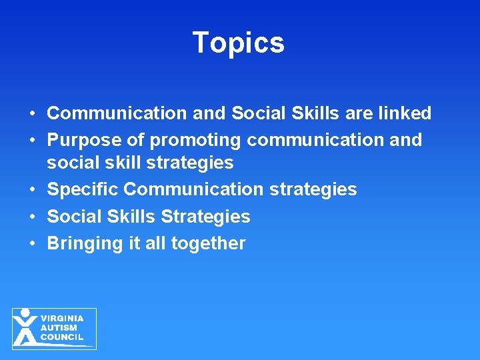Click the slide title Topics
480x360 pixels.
pos(239,43)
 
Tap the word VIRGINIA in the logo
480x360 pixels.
pos(62,319)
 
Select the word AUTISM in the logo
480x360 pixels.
pos(59,328)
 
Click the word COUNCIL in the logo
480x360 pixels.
pos(62,337)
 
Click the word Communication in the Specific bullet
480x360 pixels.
pos(193,190)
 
